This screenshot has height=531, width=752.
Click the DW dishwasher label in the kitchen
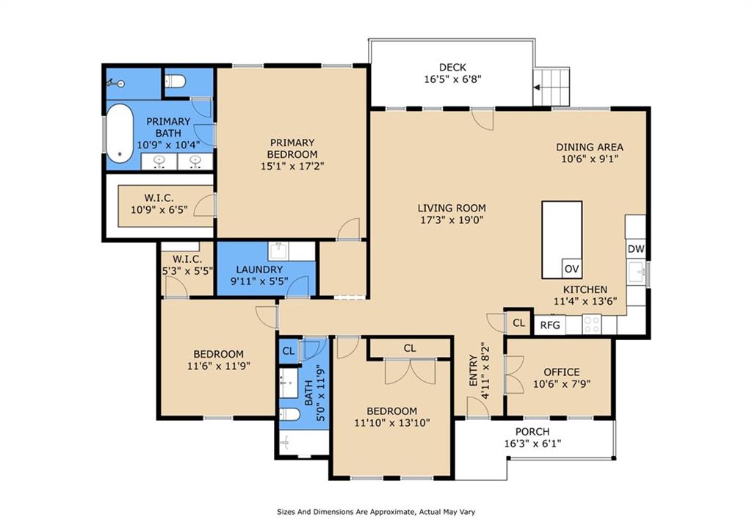coord(636,249)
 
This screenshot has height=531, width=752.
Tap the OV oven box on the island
coord(571,269)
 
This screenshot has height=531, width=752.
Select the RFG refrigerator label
coord(550,325)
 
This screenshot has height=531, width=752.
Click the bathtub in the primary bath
coord(119,134)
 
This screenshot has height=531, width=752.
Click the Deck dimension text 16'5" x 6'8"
coord(452,79)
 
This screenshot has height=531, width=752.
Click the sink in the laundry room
coord(278,251)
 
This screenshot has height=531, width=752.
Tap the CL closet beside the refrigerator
coord(519,323)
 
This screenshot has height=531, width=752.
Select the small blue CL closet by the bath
coord(288,351)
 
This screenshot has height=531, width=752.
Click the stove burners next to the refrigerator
coord(592,324)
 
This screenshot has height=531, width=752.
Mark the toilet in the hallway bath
coord(289,414)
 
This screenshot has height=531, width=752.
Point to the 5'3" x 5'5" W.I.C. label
coord(187,265)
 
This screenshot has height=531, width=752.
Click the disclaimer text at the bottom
coord(376,512)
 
